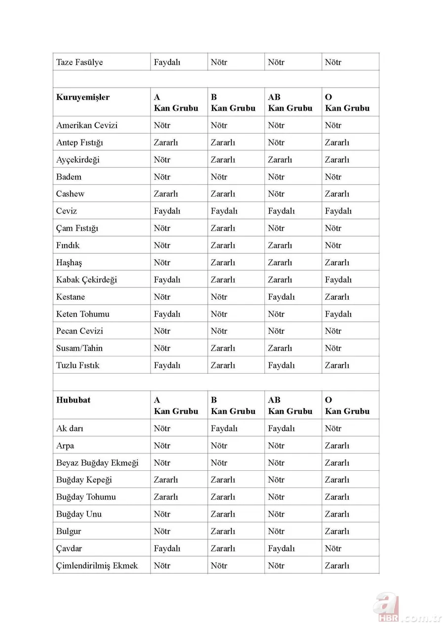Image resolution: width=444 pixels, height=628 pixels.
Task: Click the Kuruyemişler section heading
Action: click(83, 97)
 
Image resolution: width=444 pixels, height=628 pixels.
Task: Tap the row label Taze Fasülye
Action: click(79, 62)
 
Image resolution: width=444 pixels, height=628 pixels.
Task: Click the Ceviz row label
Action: click(67, 211)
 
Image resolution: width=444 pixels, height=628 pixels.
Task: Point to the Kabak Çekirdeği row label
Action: click(86, 279)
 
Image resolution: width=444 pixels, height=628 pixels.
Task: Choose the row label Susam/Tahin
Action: click(79, 348)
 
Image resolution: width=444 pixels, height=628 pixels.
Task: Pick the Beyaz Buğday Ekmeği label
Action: click(97, 462)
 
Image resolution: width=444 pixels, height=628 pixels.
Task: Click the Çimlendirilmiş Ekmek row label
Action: click(97, 565)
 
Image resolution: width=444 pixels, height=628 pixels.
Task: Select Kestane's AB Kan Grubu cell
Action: click(281, 297)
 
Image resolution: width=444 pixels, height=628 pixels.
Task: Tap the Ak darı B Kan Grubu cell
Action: click(224, 428)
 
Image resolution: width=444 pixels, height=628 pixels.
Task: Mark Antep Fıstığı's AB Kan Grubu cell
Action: click(276, 142)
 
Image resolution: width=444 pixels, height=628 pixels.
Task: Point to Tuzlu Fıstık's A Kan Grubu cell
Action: click(167, 365)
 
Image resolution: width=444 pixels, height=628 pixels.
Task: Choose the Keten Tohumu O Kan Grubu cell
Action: click(338, 314)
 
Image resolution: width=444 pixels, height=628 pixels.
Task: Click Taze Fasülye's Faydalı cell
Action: click(167, 62)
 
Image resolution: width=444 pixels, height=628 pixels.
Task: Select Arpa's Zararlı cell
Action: click(337, 446)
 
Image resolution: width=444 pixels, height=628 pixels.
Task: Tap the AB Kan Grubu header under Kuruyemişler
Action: click(290, 103)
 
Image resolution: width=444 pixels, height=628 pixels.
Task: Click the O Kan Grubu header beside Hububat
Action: click(347, 405)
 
